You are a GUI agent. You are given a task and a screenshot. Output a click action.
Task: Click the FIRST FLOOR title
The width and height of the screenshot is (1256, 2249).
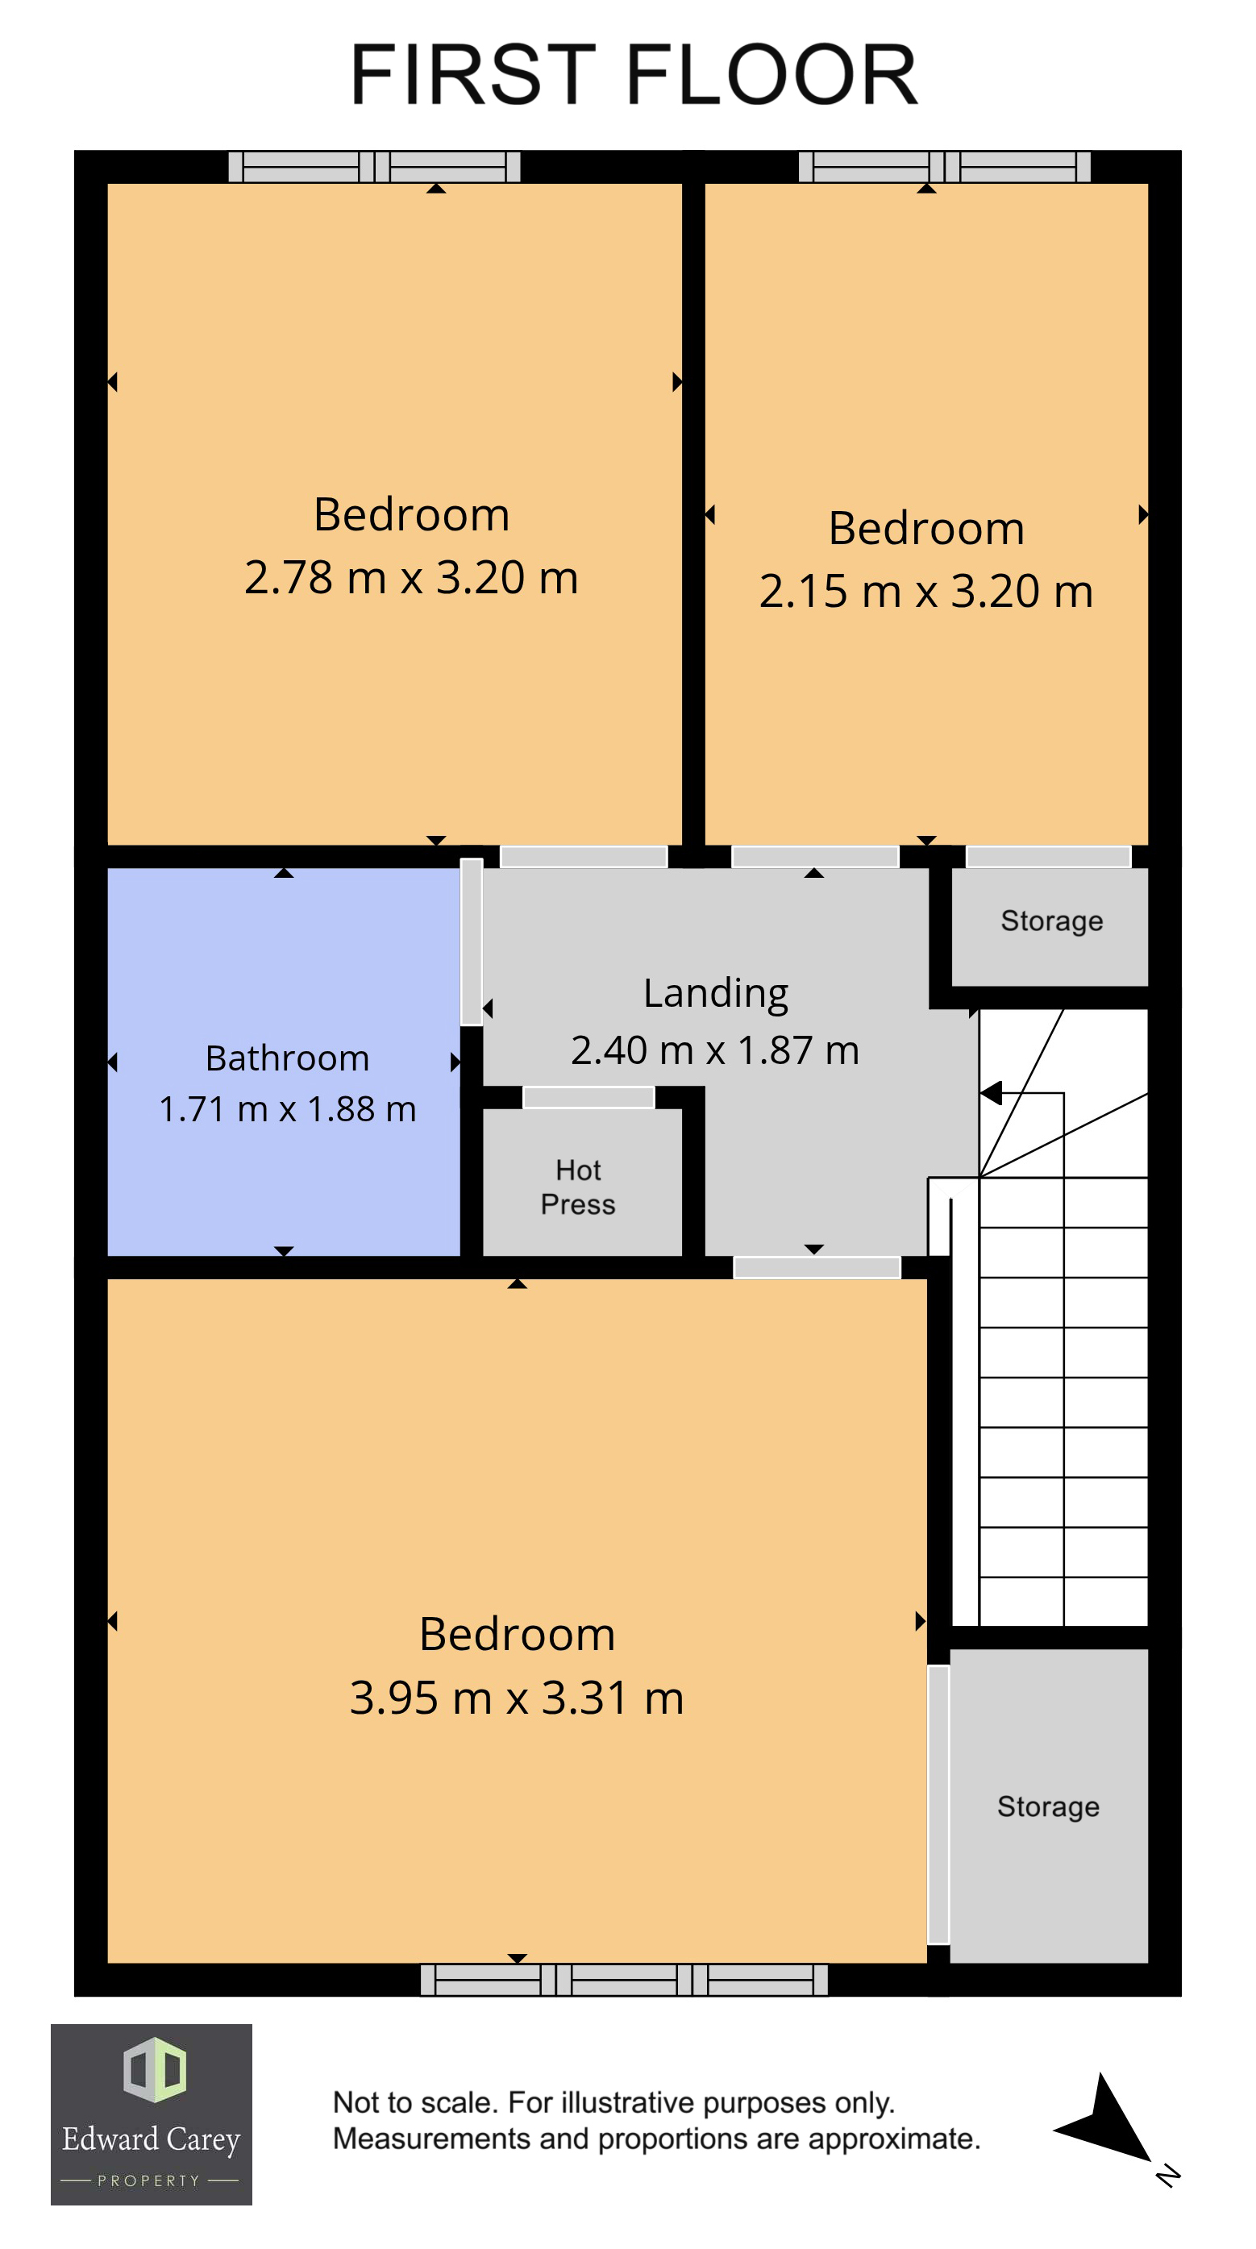[x=634, y=75]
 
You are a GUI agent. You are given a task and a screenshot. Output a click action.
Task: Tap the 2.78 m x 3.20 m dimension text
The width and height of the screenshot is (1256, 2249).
[x=411, y=578]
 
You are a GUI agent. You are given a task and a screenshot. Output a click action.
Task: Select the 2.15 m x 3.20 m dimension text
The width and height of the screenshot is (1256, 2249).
[x=925, y=591]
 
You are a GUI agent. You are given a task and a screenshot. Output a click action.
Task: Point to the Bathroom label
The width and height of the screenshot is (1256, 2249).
[x=287, y=1058]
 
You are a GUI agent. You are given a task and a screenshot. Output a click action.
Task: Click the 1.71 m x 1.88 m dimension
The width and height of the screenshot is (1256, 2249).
[x=287, y=1109]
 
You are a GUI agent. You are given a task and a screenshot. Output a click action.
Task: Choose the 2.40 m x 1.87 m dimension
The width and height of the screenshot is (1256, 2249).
[x=715, y=1050]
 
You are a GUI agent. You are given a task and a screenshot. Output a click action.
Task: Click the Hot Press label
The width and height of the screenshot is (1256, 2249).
[x=578, y=1187]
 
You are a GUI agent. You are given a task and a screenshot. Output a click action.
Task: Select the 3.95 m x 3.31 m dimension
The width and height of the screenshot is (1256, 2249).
[x=517, y=1698]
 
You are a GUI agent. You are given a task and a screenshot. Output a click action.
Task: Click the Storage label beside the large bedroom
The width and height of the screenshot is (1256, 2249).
[x=1048, y=1807]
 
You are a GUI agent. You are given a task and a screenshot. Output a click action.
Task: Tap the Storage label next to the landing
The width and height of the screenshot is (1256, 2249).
[x=1051, y=921]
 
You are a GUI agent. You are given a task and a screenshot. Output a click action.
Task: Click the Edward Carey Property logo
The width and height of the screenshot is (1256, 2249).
[x=151, y=2114]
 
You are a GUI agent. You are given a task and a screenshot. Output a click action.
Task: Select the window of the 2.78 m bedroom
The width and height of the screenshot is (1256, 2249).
[x=374, y=167]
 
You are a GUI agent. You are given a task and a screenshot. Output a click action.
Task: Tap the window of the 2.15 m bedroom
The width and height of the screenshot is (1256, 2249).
[x=944, y=167]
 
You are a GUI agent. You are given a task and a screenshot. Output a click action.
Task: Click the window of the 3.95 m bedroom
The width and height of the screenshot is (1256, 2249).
[x=624, y=1980]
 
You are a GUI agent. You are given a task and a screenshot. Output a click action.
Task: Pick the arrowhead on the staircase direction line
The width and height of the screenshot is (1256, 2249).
[x=991, y=1092]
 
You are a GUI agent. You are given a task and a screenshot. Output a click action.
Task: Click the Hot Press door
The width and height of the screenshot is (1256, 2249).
[x=588, y=1097]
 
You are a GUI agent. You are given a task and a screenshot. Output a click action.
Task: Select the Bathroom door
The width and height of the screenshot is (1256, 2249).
[x=472, y=942]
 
